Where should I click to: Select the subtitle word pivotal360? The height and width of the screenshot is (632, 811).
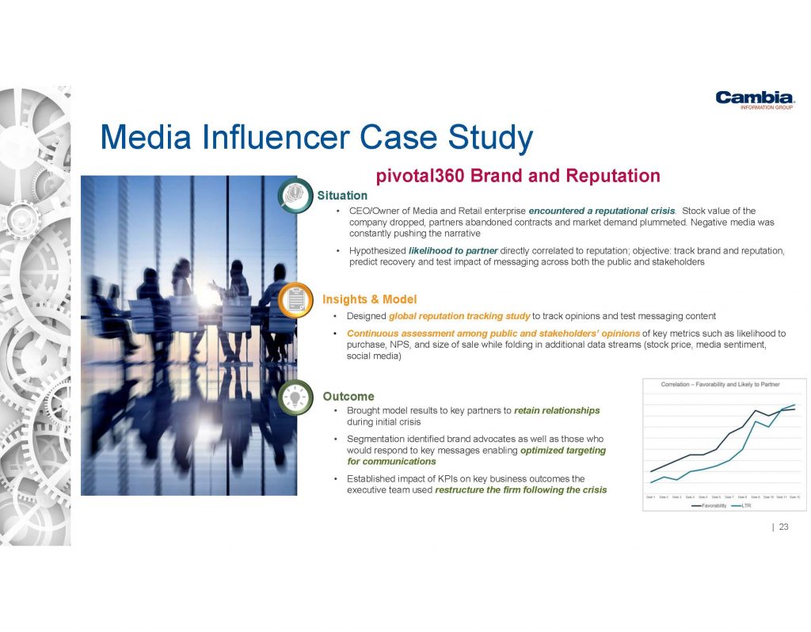421,175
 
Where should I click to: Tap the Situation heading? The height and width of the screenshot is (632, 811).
342,196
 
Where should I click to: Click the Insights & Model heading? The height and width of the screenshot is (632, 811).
369,299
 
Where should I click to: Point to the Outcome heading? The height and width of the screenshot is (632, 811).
348,396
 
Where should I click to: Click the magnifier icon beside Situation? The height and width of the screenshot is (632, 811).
295,196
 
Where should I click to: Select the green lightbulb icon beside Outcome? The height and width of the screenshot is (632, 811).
295,397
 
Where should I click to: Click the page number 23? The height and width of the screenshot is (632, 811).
784,527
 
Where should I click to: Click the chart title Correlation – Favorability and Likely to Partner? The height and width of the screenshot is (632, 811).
721,384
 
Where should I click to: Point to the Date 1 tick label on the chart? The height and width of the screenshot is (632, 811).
651,497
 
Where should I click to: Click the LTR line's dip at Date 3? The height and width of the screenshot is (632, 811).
677,480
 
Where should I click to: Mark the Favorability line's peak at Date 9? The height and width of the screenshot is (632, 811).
756,410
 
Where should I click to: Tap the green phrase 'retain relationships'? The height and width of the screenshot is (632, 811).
557,411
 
